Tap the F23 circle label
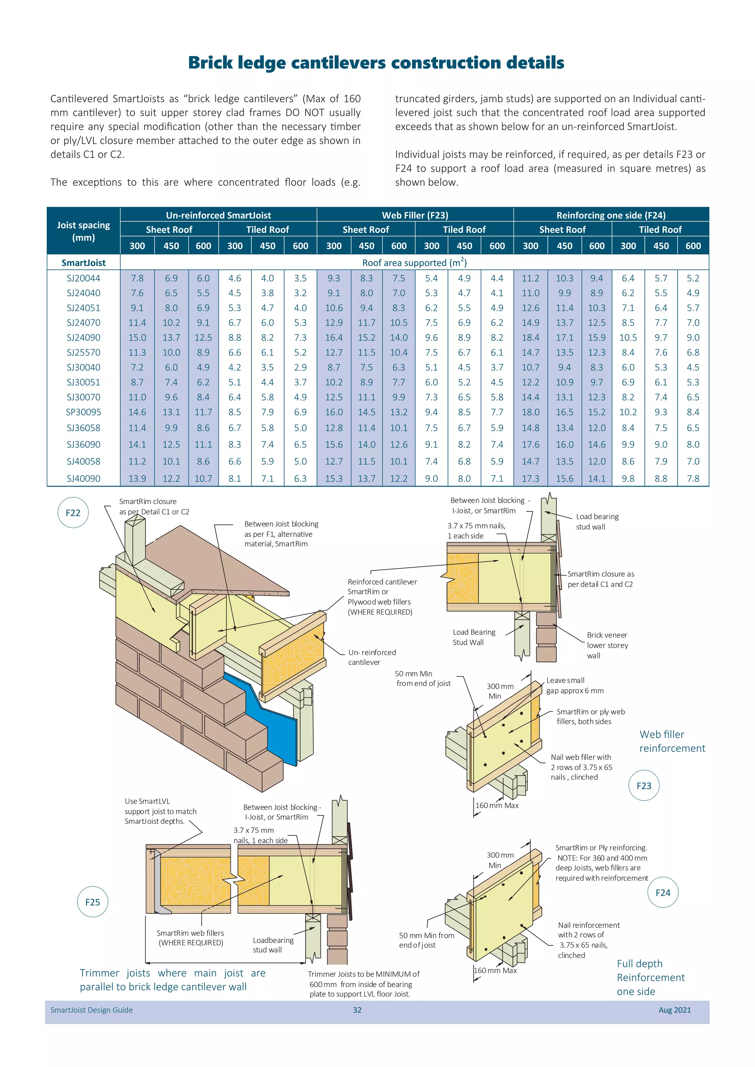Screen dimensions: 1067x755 click(644, 786)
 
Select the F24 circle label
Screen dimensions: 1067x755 click(663, 892)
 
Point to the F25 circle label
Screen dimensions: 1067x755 click(93, 902)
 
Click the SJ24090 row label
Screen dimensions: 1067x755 click(83, 337)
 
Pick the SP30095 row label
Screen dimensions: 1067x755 click(83, 412)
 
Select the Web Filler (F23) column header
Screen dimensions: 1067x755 click(415, 215)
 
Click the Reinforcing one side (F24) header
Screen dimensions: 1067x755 click(611, 215)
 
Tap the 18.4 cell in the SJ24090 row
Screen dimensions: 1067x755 click(530, 337)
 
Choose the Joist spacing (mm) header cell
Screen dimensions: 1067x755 click(84, 231)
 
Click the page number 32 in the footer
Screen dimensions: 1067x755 click(357, 1010)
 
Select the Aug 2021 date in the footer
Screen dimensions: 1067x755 click(675, 1010)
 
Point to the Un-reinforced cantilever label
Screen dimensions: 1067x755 click(372, 657)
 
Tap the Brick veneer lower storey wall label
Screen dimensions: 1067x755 click(607, 645)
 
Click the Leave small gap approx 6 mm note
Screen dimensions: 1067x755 click(575, 685)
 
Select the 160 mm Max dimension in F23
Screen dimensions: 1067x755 click(497, 805)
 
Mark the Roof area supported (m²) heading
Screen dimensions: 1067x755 click(414, 263)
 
